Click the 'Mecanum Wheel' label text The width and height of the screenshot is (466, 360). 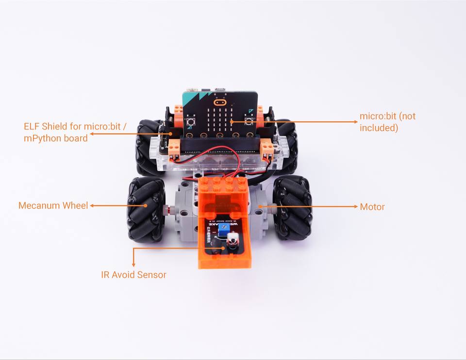(53, 206)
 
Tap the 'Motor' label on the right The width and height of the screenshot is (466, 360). (372, 207)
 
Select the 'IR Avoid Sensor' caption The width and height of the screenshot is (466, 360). (133, 275)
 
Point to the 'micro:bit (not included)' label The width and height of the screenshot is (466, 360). (387, 122)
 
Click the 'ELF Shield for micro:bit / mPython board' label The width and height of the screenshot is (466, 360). (75, 132)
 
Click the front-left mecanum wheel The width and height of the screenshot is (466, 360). (146, 209)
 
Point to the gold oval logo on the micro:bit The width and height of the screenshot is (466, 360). (220, 103)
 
